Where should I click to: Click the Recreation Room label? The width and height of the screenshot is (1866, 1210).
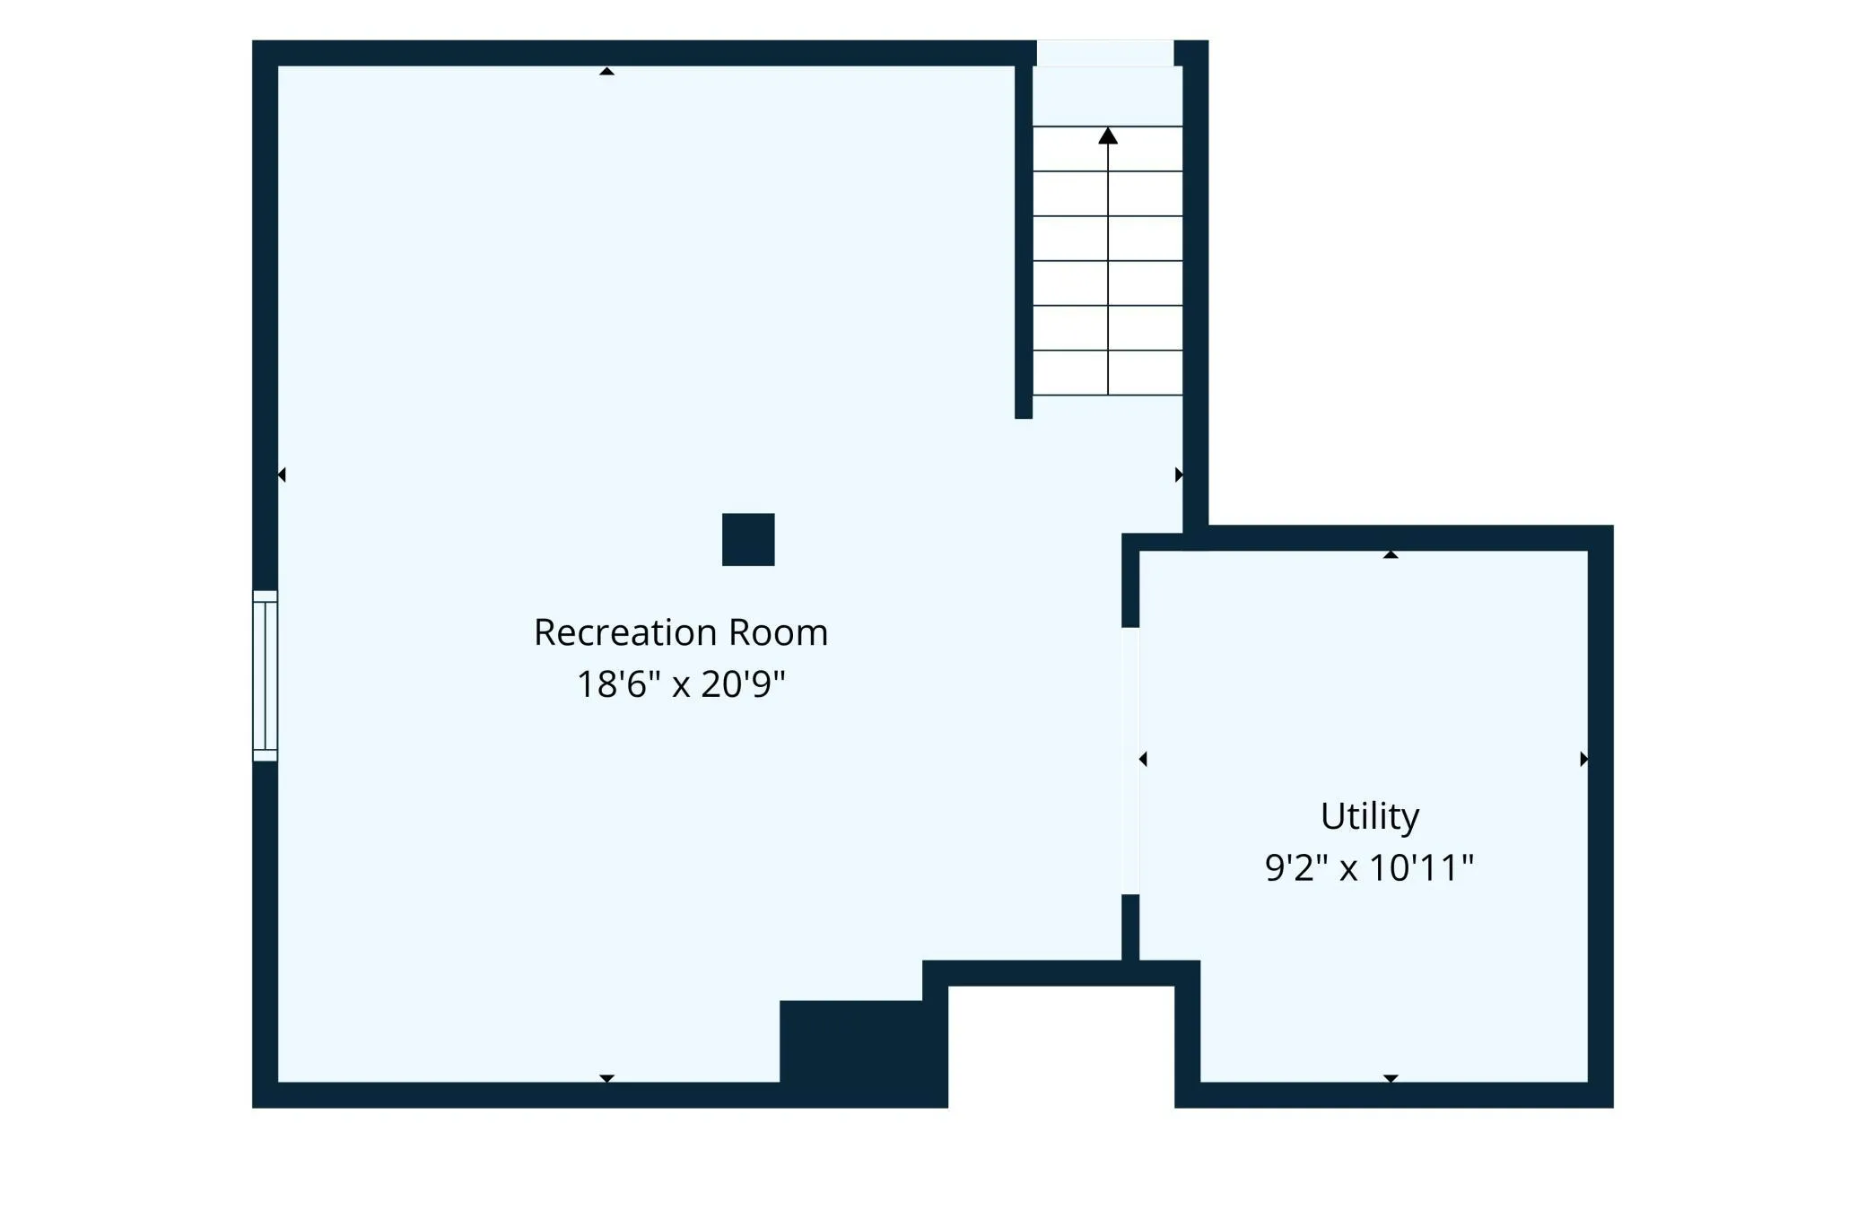tap(681, 632)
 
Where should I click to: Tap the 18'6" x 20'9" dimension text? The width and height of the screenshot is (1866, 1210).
tap(681, 684)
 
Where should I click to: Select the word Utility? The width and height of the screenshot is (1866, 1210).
tap(1370, 817)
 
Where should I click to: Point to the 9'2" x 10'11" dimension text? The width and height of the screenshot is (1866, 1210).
tap(1370, 867)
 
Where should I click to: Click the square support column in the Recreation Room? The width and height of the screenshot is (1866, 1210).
tap(748, 539)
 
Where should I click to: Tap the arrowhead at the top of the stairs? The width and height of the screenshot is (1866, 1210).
tap(1108, 135)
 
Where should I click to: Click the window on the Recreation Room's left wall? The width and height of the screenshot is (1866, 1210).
tap(265, 675)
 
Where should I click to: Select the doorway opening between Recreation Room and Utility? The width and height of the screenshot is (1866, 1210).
tap(1130, 761)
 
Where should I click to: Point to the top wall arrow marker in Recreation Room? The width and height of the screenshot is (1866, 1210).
tap(607, 71)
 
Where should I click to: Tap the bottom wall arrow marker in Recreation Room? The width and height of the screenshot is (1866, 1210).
tap(607, 1078)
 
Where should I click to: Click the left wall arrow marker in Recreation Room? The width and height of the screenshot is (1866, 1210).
tap(282, 474)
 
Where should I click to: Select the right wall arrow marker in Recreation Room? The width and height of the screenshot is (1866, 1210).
tap(1179, 474)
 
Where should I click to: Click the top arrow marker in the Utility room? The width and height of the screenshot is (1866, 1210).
tap(1391, 555)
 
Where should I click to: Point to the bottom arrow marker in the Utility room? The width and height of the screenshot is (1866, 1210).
tap(1391, 1078)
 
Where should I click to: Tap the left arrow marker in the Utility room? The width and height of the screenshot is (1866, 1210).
tap(1143, 759)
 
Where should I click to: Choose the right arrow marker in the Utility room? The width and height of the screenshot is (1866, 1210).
tap(1584, 759)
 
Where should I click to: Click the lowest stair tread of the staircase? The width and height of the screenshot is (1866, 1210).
tap(1108, 372)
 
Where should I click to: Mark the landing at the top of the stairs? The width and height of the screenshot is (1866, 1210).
tap(1108, 96)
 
